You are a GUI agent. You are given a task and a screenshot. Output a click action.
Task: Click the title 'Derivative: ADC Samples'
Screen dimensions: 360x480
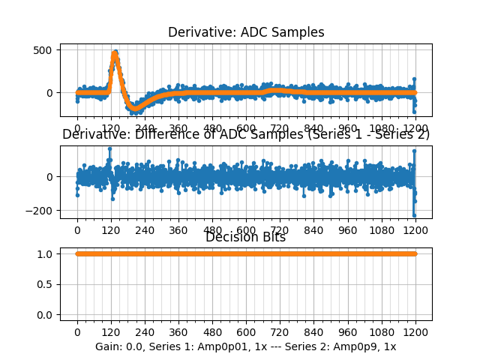[x=246, y=32]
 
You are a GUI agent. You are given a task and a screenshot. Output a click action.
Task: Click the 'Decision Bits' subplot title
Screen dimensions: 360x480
[x=245, y=238]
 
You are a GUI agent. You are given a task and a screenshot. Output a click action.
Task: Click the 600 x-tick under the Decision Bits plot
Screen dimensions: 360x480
[x=246, y=331]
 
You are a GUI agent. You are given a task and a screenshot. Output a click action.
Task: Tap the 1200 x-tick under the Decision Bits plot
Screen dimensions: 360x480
[x=415, y=331]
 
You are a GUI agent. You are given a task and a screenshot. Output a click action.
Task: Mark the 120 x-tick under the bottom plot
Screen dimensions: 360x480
[x=110, y=331]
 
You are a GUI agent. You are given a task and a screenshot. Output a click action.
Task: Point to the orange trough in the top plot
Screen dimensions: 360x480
[x=135, y=109]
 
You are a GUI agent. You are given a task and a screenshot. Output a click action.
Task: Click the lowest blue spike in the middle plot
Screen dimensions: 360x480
[x=414, y=215]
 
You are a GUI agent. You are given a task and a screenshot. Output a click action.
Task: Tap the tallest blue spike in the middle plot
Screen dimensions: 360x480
[x=110, y=148]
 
